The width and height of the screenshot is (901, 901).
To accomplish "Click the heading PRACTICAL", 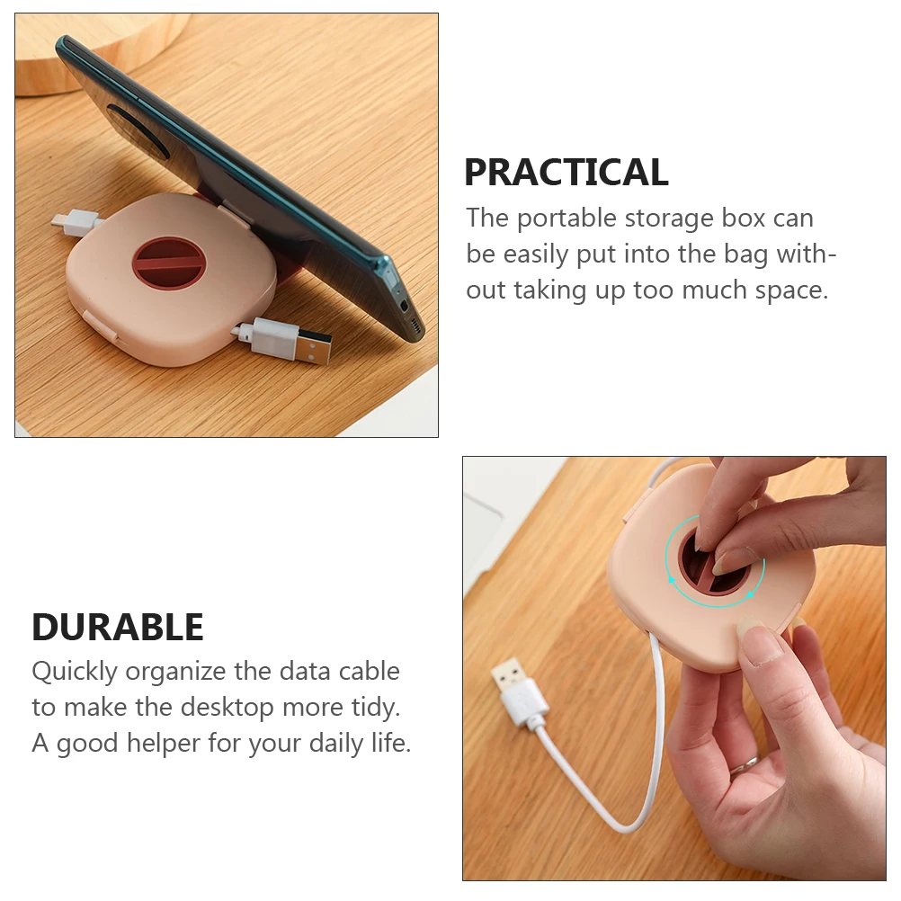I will tap(566, 172).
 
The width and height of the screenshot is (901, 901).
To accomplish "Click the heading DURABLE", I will tap(118, 627).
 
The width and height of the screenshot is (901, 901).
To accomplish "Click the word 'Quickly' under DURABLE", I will tap(75, 672).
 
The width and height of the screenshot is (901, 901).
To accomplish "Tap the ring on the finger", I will tap(744, 764).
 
